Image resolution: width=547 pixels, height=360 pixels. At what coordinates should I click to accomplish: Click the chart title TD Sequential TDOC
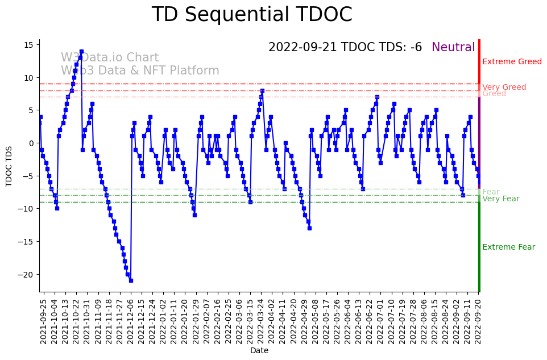coord(252,15)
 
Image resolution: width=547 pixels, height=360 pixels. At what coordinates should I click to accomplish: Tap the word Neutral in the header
coord(453,48)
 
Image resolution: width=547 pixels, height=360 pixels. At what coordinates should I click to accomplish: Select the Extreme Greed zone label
coord(512,62)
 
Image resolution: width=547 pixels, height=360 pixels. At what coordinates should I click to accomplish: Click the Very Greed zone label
coord(504,88)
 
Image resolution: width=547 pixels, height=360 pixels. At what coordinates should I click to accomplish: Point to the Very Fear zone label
coord(500,199)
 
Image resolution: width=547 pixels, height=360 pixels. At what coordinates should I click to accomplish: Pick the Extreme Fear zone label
coord(508,247)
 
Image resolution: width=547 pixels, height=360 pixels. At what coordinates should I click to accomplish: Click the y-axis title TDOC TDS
coord(9,165)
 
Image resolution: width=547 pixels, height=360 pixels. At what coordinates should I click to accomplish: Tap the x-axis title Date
coord(259,351)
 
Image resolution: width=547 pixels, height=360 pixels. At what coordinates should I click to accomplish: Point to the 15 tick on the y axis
coord(29,44)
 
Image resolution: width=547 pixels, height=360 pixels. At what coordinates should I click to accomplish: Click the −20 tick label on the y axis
coord(26,275)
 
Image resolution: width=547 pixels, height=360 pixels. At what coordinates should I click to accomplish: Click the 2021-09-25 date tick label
coord(43,321)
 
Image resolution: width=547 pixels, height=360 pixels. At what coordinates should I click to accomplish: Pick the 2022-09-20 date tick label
coord(479,321)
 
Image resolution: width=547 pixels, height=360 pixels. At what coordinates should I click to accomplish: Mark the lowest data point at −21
coord(131,280)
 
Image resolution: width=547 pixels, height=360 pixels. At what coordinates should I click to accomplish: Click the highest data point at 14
coord(81,52)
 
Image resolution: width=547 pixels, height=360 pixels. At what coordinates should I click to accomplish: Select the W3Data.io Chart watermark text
coord(110,58)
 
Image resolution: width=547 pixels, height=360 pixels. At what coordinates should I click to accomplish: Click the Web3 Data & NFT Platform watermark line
coord(140,71)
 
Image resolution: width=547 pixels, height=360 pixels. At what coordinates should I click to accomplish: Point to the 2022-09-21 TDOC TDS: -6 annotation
coord(345,48)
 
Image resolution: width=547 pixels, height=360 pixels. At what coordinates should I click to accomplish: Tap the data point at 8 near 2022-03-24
coord(262,90)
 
